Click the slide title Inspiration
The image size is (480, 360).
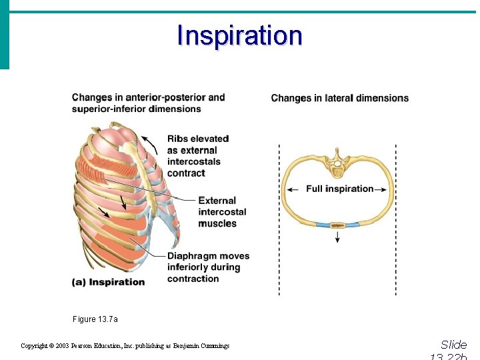(x=239, y=35)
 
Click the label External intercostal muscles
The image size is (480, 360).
(x=222, y=212)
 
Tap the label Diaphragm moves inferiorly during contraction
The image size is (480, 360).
(x=208, y=267)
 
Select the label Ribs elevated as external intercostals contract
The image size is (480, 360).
(x=198, y=156)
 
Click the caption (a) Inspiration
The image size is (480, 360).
(x=108, y=282)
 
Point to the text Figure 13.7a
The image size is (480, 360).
(x=95, y=319)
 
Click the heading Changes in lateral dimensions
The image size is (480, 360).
(x=339, y=98)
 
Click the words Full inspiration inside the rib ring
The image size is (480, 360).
(x=339, y=189)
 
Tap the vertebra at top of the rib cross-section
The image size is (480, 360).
(x=338, y=163)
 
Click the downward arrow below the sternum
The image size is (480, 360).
(x=338, y=237)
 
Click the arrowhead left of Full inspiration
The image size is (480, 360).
(x=289, y=189)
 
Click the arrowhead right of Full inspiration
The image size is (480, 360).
(x=385, y=189)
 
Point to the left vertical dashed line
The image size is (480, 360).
(x=279, y=220)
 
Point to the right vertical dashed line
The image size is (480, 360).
(x=396, y=220)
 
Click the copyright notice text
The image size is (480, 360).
(x=125, y=346)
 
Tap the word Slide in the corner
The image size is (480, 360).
(x=454, y=345)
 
